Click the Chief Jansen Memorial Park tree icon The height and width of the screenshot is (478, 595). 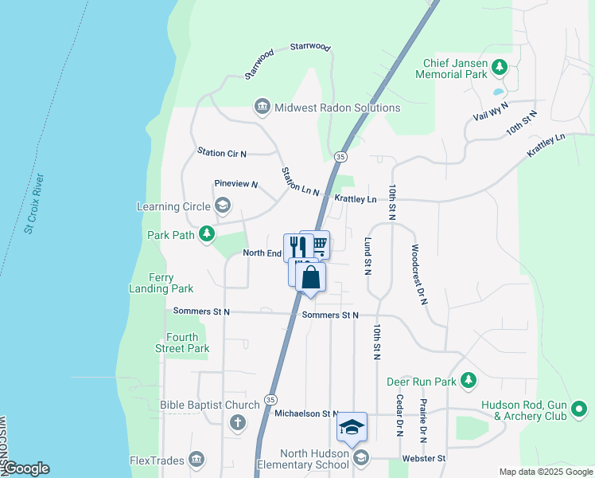(500, 67)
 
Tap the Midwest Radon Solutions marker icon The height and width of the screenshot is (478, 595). (262, 107)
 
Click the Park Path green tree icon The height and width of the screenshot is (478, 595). (207, 233)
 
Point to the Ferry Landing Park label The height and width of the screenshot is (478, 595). (161, 283)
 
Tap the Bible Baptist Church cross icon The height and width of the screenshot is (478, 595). (237, 422)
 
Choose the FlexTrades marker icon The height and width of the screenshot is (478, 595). (197, 460)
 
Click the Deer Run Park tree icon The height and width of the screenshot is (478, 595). (469, 380)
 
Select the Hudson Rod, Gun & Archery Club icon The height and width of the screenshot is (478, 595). (579, 411)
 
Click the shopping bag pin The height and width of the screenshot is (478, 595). (311, 278)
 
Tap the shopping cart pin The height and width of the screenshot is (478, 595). (319, 244)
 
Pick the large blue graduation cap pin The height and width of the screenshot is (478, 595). (352, 427)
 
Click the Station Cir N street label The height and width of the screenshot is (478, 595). (222, 152)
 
